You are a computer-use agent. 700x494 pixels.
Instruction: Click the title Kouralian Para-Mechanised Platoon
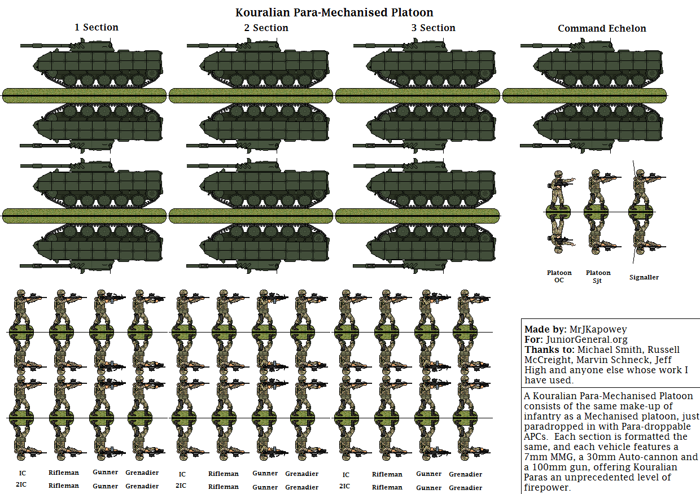click(334, 12)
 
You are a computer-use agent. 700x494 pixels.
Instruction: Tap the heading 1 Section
click(96, 27)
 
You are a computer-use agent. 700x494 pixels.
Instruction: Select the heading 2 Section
click(266, 28)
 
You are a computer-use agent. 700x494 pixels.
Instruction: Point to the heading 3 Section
click(433, 28)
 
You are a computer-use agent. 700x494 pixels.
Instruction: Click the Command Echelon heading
click(602, 28)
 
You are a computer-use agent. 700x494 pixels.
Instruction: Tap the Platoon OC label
click(559, 277)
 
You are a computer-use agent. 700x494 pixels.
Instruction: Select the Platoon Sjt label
click(598, 277)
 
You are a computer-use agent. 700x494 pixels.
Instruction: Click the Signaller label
click(644, 277)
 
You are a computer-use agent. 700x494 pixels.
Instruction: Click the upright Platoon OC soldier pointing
click(560, 190)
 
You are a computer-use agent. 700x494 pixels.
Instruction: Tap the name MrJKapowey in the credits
click(598, 329)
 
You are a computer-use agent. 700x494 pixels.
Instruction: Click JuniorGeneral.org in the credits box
click(587, 340)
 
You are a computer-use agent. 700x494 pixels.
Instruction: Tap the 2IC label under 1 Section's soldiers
click(21, 484)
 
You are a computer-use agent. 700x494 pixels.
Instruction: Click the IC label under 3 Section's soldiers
click(345, 475)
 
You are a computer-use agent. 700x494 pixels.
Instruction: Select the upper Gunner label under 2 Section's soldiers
click(265, 473)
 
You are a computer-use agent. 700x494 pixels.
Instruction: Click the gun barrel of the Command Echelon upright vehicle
click(546, 46)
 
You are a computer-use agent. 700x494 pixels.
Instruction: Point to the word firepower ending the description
click(547, 487)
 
